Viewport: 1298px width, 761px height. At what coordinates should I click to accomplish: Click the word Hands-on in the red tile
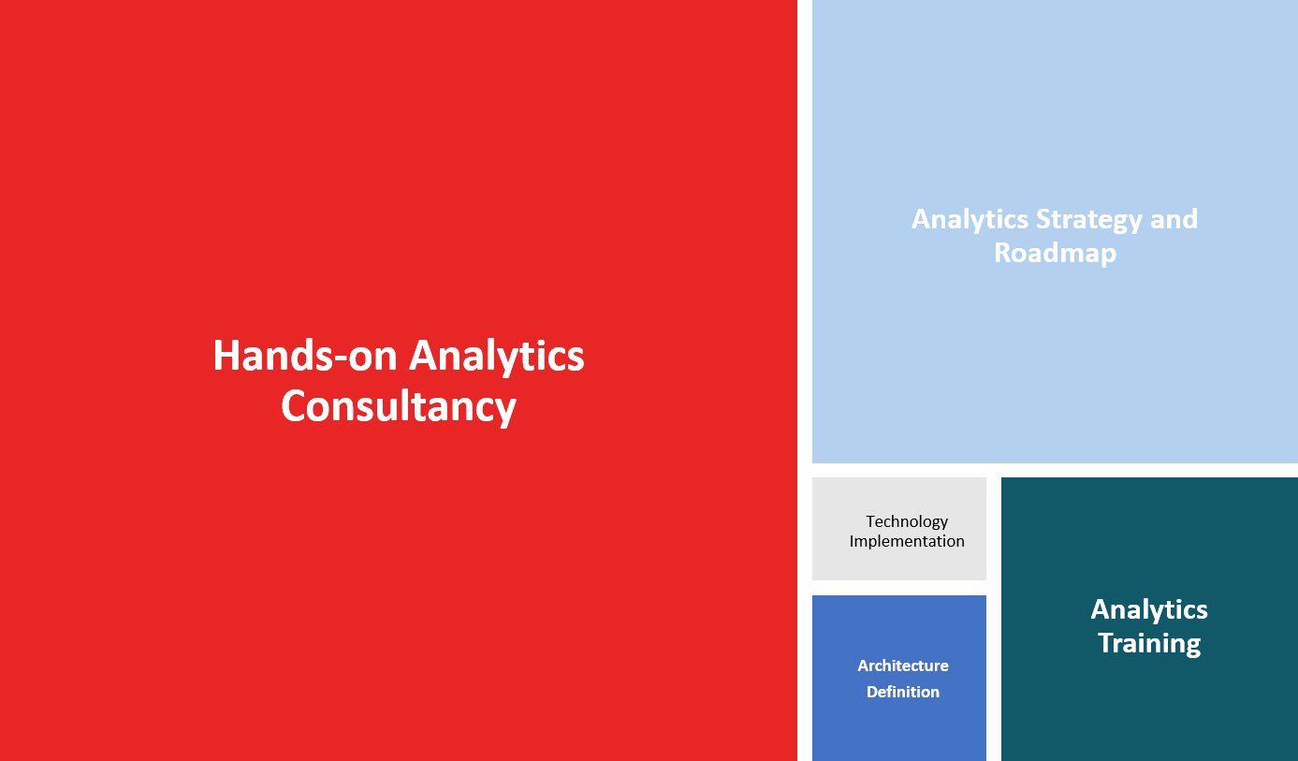pos(305,356)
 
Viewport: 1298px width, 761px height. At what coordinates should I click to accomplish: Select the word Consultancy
pos(399,408)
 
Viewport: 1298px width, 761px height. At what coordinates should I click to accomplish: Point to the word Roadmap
pos(1056,254)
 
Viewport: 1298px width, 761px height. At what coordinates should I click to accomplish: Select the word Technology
pos(907,521)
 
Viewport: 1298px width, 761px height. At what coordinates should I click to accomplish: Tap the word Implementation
pos(907,541)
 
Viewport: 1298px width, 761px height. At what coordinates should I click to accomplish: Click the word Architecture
pos(903,666)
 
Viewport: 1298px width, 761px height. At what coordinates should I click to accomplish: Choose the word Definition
pos(903,692)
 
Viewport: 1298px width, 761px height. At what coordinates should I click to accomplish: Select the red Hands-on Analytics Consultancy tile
pos(399,380)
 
